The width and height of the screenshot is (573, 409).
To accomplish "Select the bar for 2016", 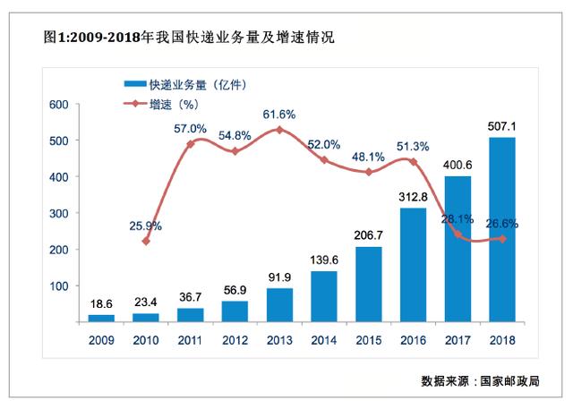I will [413, 265].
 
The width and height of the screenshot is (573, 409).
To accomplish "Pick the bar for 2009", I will [101, 318].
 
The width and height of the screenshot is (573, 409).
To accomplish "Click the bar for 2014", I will [324, 296].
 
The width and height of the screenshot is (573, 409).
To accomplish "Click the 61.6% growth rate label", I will [279, 115].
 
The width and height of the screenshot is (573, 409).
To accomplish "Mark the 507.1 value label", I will [501, 126].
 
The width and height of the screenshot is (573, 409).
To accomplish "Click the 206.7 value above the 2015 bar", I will [368, 235].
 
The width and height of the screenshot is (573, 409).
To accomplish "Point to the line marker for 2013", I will [279, 130].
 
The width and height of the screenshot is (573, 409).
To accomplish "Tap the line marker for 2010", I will [146, 241].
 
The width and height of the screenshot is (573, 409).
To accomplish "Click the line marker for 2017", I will [458, 234].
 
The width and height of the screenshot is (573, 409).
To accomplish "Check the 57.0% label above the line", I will [190, 128].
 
